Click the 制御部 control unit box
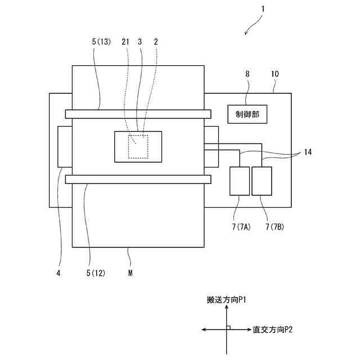point(247,115)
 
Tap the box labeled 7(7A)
point(240,181)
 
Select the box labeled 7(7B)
point(262,181)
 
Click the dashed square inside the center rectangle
point(137,147)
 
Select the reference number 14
point(307,152)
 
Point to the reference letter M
point(130,273)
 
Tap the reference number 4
point(58,273)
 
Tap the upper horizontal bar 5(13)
point(138,114)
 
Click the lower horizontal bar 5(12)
point(138,179)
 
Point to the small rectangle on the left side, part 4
point(65,147)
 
